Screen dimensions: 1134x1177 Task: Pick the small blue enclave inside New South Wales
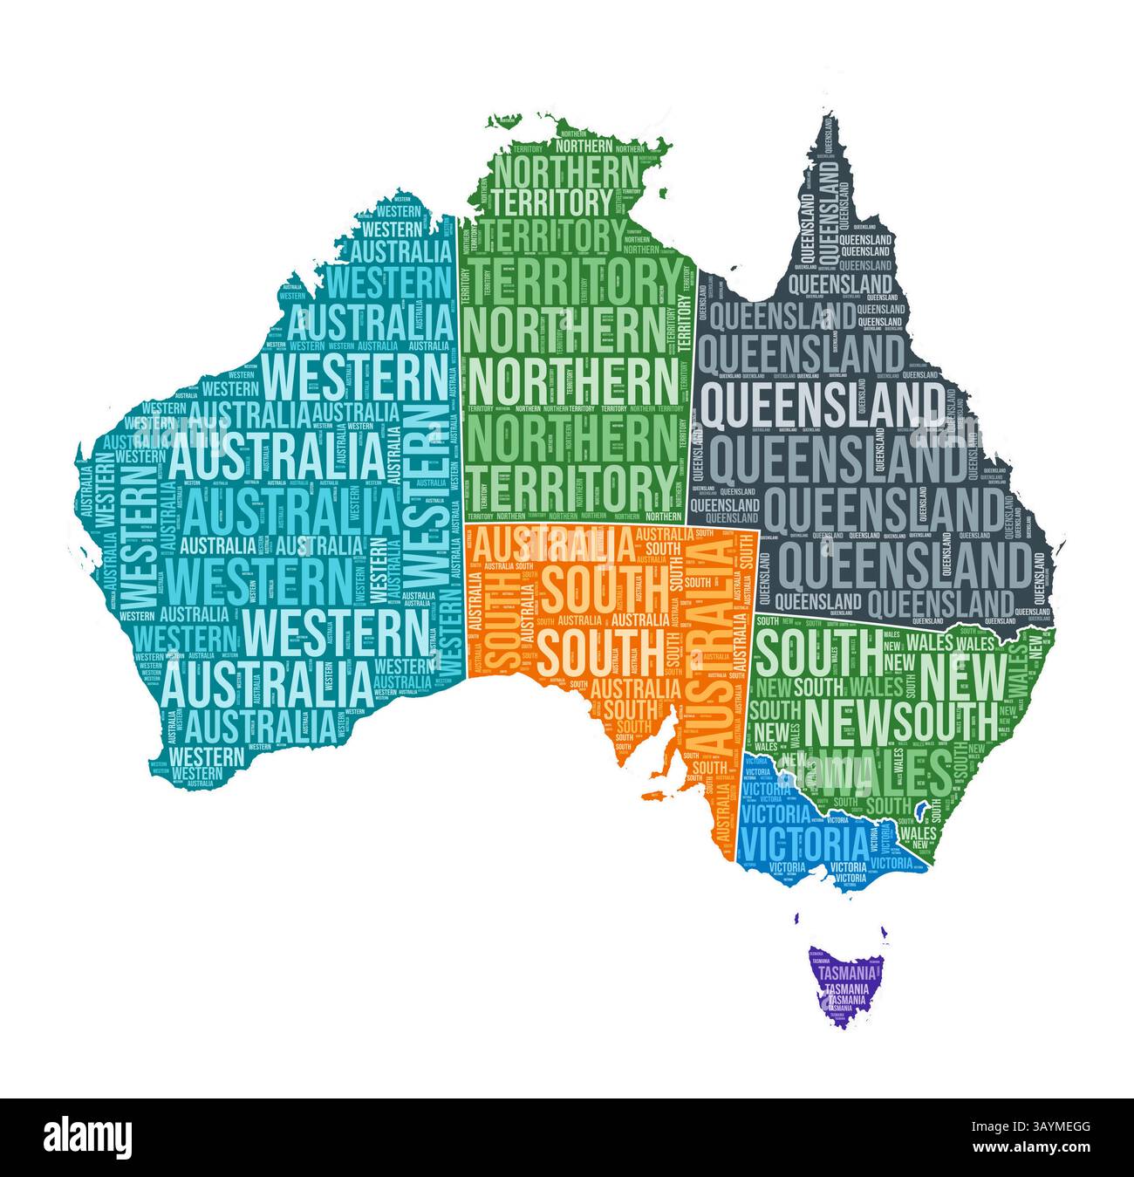point(918,807)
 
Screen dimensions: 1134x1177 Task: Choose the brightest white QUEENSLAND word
point(823,403)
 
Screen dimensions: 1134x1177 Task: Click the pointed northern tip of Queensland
point(822,123)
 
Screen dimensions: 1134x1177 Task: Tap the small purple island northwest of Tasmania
point(797,917)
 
